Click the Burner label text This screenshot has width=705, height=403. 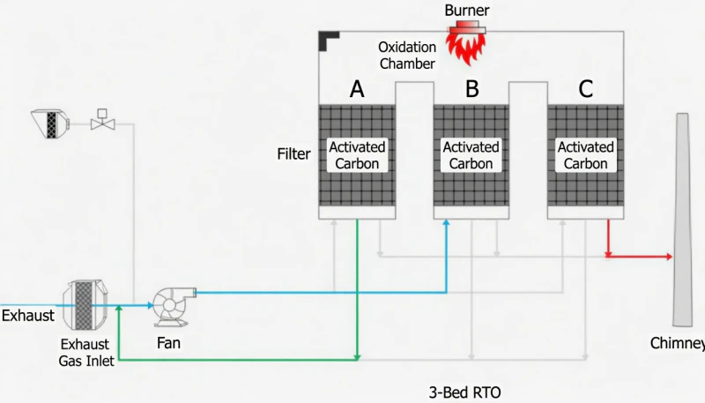click(x=466, y=10)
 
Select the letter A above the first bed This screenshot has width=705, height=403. click(x=357, y=88)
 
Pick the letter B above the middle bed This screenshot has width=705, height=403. click(x=472, y=88)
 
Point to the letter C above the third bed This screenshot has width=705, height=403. click(x=586, y=88)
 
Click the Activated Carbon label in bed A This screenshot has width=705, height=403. click(x=357, y=155)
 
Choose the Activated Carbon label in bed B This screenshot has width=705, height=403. click(x=471, y=155)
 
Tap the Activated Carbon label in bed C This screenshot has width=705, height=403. click(x=585, y=155)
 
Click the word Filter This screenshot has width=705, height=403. click(x=293, y=154)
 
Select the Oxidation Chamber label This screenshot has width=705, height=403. click(x=406, y=55)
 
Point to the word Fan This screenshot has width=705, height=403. click(x=168, y=343)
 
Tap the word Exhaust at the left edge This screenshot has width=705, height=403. click(x=27, y=315)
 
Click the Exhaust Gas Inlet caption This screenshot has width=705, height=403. click(x=86, y=352)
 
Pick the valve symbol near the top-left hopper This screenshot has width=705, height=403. click(x=103, y=123)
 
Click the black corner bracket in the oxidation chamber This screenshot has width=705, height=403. click(x=329, y=40)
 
